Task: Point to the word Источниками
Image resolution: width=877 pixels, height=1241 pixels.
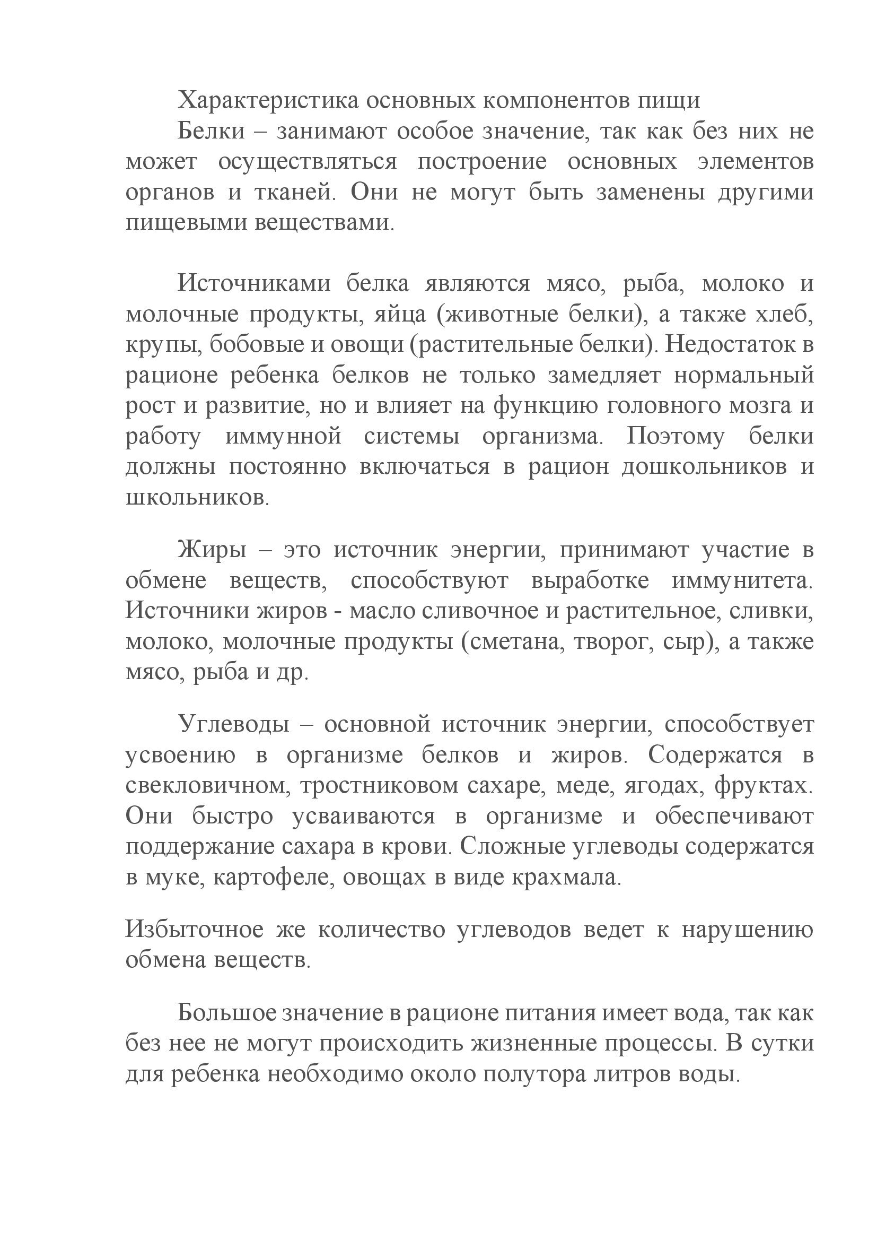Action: (253, 284)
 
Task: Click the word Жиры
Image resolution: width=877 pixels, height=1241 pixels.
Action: (212, 550)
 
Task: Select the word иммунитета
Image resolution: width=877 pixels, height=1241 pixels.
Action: (742, 581)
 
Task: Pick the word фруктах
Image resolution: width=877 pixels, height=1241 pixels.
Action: (763, 785)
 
